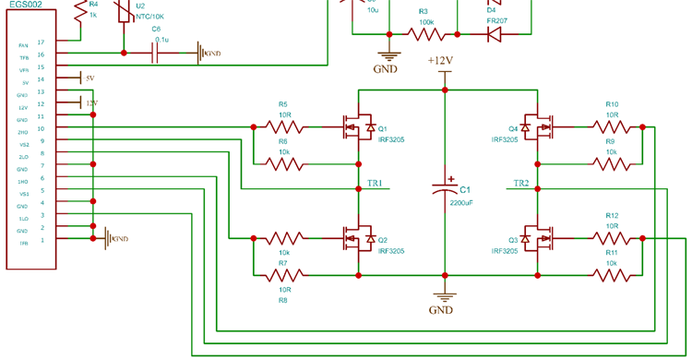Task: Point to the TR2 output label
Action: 520,183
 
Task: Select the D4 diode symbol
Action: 493,34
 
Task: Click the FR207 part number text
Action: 497,19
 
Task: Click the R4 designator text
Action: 93,4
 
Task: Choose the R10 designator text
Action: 612,104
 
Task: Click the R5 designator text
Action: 283,104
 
